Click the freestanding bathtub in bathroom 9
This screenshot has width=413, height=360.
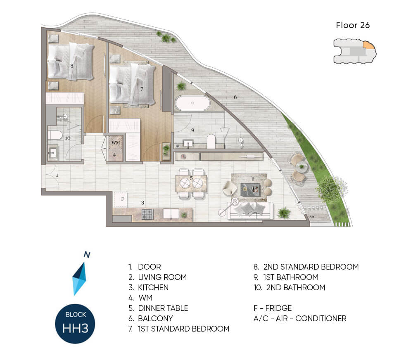pos(192,103)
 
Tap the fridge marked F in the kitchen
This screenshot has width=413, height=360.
pos(120,199)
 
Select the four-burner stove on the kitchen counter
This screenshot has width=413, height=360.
pos(147,214)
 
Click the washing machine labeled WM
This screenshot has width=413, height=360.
pos(116,143)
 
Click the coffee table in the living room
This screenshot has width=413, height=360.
pos(250,189)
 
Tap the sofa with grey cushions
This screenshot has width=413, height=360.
pos(250,211)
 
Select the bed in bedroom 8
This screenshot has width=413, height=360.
pos(71,62)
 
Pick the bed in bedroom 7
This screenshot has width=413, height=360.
pos(132,85)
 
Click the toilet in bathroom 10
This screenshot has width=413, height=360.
pos(55,135)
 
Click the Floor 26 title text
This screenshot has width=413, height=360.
pos(353,25)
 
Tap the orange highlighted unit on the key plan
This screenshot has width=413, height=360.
pos(369,45)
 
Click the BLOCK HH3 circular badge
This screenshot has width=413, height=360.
pos(75,324)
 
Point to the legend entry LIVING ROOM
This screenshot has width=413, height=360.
pos(157,277)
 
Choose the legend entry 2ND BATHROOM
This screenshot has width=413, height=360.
pos(290,287)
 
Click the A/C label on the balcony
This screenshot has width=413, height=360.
pos(312,217)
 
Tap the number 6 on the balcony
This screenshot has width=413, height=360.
pos(235,97)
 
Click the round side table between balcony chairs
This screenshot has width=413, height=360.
pos(301,166)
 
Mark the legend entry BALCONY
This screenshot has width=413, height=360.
pos(151,318)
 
